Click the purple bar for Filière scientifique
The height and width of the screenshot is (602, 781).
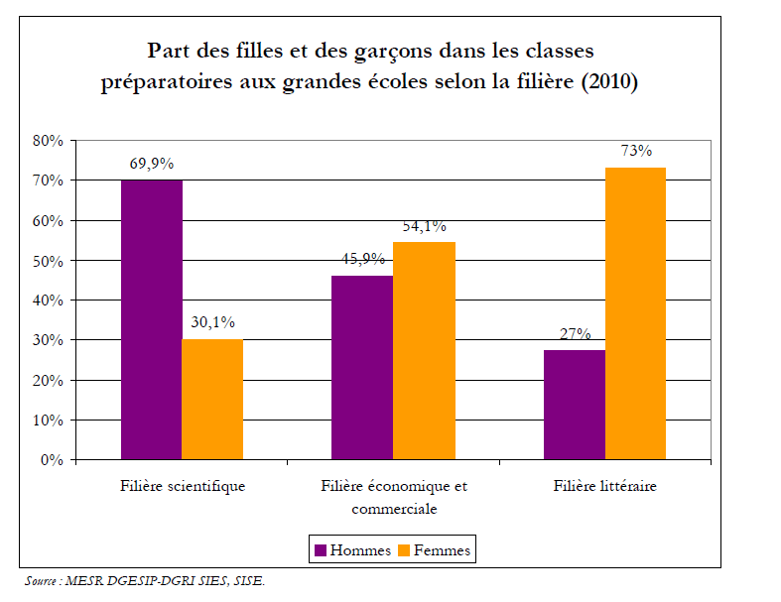pyautogui.click(x=151, y=319)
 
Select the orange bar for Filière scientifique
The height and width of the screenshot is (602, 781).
pyautogui.click(x=211, y=400)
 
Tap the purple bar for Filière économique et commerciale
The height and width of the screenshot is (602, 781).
pyautogui.click(x=362, y=367)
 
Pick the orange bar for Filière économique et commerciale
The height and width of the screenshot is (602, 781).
pyautogui.click(x=424, y=351)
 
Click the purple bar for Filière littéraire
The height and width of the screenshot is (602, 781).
pyautogui.click(x=575, y=405)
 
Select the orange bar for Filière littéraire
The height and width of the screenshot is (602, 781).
pyautogui.click(x=635, y=313)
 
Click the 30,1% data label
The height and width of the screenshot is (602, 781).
pyautogui.click(x=211, y=321)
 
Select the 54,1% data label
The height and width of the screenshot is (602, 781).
pyautogui.click(x=424, y=226)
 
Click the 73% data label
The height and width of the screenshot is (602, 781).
pyautogui.click(x=636, y=151)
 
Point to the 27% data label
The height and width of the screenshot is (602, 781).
pyautogui.click(x=575, y=334)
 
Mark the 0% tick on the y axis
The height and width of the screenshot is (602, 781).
pyautogui.click(x=53, y=460)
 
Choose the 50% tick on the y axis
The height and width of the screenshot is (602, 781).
pyautogui.click(x=49, y=261)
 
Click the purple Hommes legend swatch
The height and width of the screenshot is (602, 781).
pyautogui.click(x=321, y=550)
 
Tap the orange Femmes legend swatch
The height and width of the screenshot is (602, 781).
pyautogui.click(x=404, y=550)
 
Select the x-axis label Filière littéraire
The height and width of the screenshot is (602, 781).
pyautogui.click(x=604, y=487)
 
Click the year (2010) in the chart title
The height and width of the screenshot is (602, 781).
pyautogui.click(x=607, y=82)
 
